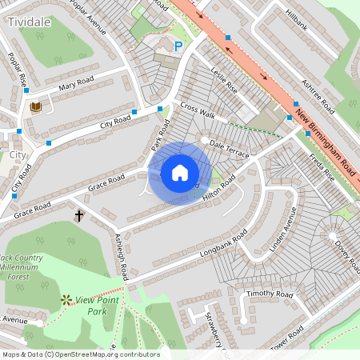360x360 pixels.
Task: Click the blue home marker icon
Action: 180,173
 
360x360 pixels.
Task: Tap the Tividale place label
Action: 31,23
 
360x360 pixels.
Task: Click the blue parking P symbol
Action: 178,46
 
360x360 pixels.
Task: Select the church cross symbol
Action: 79,216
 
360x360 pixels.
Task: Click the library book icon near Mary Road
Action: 35,106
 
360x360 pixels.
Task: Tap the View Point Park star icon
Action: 66,300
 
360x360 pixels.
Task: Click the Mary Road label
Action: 76,81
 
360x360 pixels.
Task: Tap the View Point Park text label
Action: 97,305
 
